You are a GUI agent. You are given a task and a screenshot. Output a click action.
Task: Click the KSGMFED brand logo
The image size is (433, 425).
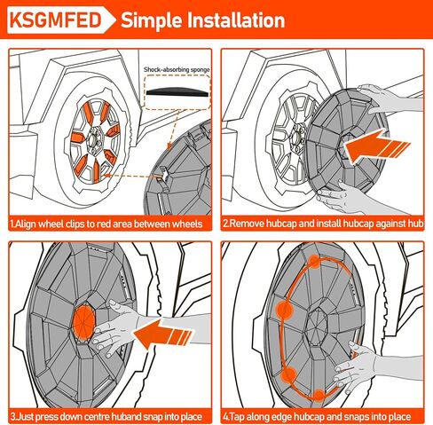point(56,20)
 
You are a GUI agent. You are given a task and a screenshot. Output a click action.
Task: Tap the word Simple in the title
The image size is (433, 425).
point(152,21)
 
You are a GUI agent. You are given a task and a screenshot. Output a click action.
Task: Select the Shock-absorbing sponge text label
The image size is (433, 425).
point(177,70)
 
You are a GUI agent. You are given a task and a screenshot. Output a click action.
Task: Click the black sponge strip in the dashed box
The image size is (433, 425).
point(177,92)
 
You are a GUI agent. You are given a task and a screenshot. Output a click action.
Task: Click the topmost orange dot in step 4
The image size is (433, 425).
point(315,262)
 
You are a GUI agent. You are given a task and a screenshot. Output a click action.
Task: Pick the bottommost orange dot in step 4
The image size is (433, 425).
point(319,395)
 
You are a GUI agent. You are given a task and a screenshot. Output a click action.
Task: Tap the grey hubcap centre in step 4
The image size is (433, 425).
point(317,327)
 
